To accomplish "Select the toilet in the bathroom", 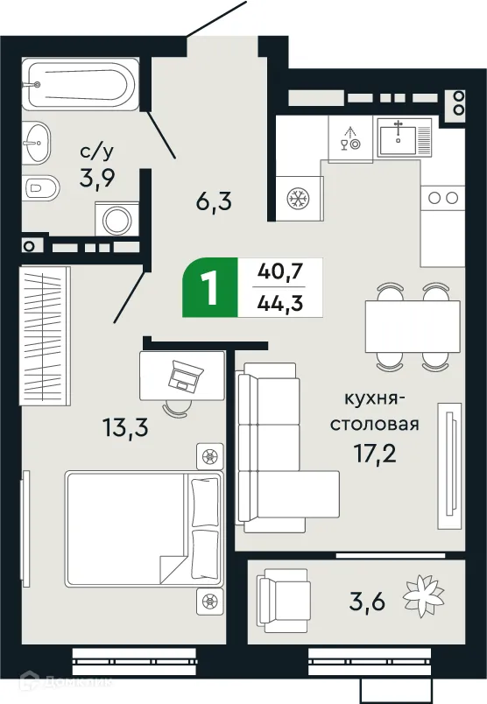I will coord(41,187).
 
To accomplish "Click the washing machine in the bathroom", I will coord(116,220).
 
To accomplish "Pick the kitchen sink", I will coord(404,136).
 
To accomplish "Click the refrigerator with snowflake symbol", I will coord(300,198).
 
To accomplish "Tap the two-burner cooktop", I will coord(442,198).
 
